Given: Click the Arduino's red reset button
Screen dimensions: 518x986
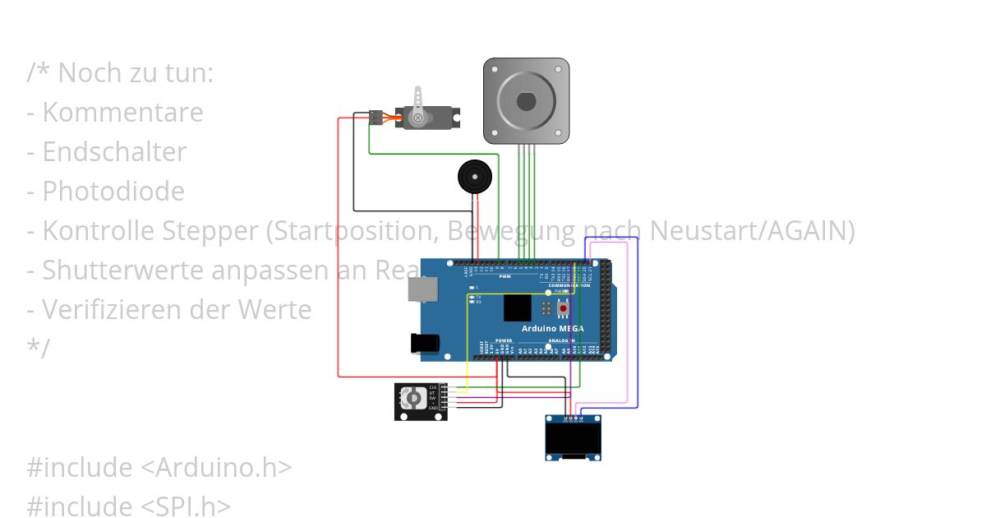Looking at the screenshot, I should [x=563, y=309].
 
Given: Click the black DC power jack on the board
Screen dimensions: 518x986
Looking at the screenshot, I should [x=421, y=344].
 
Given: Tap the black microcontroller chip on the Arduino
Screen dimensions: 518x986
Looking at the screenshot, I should [x=518, y=308].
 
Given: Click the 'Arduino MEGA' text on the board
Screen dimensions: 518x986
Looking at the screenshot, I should [x=553, y=328].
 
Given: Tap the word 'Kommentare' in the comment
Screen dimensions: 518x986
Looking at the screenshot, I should [x=122, y=113].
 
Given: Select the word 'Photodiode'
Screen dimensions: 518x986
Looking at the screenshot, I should [x=113, y=192].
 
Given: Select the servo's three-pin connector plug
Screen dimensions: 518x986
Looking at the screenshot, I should [x=376, y=117].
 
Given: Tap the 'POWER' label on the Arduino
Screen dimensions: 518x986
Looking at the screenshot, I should [x=504, y=340].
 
